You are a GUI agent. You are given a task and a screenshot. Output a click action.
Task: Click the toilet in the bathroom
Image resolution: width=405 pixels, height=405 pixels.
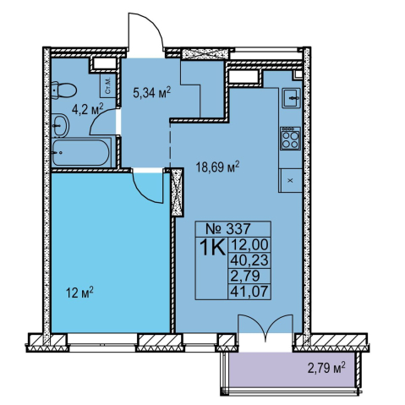click(x=64, y=90)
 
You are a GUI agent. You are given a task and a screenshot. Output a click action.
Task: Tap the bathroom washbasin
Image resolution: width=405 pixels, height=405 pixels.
click(x=60, y=126)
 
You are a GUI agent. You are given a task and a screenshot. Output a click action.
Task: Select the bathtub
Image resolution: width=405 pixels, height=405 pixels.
click(x=80, y=152)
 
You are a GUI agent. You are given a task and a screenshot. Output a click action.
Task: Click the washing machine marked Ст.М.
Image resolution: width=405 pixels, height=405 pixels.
click(x=108, y=85)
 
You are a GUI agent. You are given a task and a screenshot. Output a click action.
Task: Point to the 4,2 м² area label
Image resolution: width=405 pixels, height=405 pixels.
click(x=88, y=109)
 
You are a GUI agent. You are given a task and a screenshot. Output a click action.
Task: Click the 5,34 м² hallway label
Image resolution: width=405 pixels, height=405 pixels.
click(x=152, y=92)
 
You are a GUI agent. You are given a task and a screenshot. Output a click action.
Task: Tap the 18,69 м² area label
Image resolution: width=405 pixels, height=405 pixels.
click(x=217, y=167)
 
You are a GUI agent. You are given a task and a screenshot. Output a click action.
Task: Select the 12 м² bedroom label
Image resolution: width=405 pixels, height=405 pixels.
click(x=79, y=293)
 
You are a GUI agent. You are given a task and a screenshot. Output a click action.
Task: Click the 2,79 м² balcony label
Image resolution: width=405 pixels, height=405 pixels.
click(x=326, y=368)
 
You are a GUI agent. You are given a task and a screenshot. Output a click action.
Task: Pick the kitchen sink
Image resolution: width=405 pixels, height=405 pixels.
click(x=292, y=97)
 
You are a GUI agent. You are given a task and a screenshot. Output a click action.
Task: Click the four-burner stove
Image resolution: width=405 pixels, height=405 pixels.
click(x=290, y=139)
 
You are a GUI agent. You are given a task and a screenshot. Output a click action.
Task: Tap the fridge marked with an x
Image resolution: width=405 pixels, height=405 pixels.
click(x=290, y=181)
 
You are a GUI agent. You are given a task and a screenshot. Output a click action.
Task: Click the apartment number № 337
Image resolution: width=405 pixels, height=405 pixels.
click(x=228, y=228)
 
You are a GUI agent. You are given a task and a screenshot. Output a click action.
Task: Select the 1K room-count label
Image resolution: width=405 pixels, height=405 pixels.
click(x=212, y=247)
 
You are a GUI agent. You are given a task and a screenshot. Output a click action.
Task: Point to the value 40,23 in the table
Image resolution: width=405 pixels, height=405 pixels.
click(x=249, y=260)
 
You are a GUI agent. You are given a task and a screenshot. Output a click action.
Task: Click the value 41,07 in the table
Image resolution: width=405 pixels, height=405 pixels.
click(x=249, y=291)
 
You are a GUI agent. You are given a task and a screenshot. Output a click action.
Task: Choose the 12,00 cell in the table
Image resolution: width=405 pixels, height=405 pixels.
click(x=249, y=244)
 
